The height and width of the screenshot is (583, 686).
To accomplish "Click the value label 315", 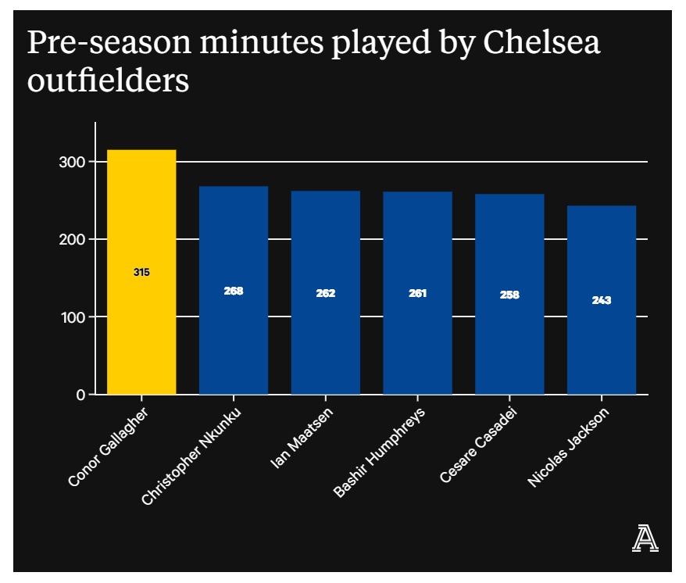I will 141,273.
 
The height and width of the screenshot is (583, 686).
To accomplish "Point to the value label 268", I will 234,291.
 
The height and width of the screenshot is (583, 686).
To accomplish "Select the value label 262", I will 325,293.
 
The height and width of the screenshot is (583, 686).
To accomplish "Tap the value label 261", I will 417,293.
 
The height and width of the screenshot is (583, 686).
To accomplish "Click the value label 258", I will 509,295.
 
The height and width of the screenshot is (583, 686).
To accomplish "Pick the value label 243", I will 602,300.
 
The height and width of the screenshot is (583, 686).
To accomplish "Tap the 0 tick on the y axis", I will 80,395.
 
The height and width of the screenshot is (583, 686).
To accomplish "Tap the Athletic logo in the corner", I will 645,538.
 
